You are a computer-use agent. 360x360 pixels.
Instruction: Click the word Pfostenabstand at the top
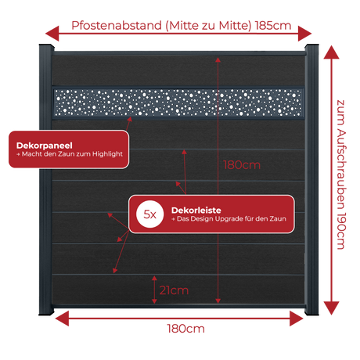(x=117, y=26)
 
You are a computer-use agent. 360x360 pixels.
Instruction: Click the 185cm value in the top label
(x=273, y=26)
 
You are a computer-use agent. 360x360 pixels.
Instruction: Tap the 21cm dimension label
(x=174, y=290)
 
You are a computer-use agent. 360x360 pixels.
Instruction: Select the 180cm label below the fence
(x=185, y=329)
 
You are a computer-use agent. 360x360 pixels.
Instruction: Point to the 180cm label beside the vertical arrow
(x=242, y=165)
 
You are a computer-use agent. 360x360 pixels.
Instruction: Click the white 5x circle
(x=149, y=214)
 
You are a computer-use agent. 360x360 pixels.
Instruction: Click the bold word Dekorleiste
(x=196, y=211)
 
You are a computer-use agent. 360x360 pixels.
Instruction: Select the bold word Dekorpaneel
(x=45, y=146)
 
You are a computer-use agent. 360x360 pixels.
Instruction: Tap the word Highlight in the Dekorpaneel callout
(x=107, y=154)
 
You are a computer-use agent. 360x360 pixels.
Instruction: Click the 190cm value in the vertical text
(x=341, y=231)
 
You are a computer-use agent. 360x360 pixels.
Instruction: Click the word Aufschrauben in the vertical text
(x=341, y=167)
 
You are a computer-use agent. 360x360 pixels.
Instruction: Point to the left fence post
(x=46, y=180)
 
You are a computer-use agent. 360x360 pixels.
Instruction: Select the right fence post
(x=311, y=180)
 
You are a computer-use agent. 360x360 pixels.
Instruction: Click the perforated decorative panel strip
(x=178, y=103)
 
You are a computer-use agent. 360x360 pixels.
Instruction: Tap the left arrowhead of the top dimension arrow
(x=52, y=34)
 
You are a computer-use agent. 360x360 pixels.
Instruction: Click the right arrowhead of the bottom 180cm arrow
(x=297, y=319)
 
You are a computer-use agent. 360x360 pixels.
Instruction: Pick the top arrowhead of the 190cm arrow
(x=331, y=52)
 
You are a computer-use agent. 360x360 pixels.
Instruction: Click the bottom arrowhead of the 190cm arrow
(x=331, y=308)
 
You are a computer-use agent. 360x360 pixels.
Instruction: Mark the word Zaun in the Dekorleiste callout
(x=278, y=218)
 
